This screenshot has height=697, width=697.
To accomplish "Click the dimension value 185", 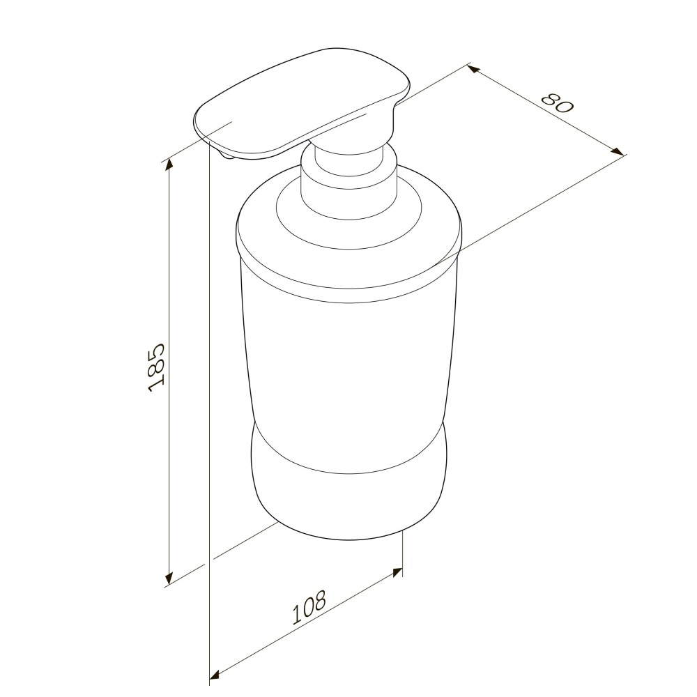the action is pos(156,367).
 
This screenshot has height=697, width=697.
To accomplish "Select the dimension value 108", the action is pos(309,607).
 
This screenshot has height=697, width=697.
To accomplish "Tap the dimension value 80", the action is pos(558,103).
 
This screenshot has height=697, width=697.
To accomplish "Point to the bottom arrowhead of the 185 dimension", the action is pos(169,579).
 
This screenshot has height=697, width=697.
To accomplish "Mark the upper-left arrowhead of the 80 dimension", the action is pos(473,69).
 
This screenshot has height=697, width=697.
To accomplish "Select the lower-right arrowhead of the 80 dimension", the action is pos(618,151).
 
